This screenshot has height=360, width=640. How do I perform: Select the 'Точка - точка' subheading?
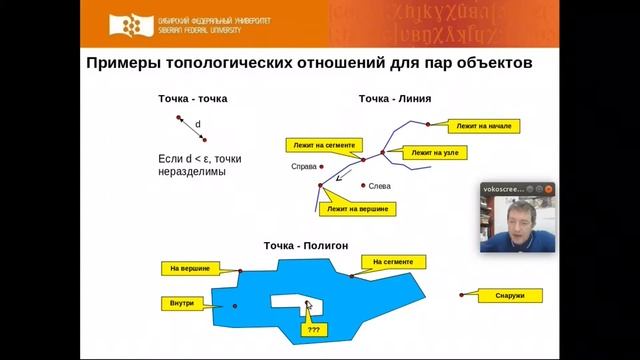click(193, 99)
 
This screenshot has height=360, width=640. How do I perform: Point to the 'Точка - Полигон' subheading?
click(305, 244)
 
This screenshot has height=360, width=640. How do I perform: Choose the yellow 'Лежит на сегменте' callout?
click(319, 145)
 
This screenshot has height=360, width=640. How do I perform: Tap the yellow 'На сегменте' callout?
click(392, 262)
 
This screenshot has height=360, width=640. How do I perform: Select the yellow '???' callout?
click(314, 328)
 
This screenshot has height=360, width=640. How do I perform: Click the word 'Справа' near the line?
click(303, 166)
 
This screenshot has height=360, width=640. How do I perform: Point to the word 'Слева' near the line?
click(380, 185)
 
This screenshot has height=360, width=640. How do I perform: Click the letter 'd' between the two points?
click(198, 125)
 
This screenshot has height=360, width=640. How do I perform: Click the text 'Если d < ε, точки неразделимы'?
click(200, 164)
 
